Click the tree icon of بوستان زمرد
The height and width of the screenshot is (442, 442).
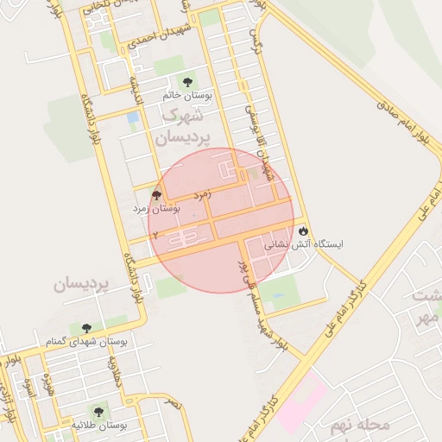156,195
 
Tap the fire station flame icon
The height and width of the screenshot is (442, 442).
303,231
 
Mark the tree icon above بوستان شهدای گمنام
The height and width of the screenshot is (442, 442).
86,328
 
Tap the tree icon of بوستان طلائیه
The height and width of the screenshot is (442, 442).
100,412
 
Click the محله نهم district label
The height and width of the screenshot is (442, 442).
360,425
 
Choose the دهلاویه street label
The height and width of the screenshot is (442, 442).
113,374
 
